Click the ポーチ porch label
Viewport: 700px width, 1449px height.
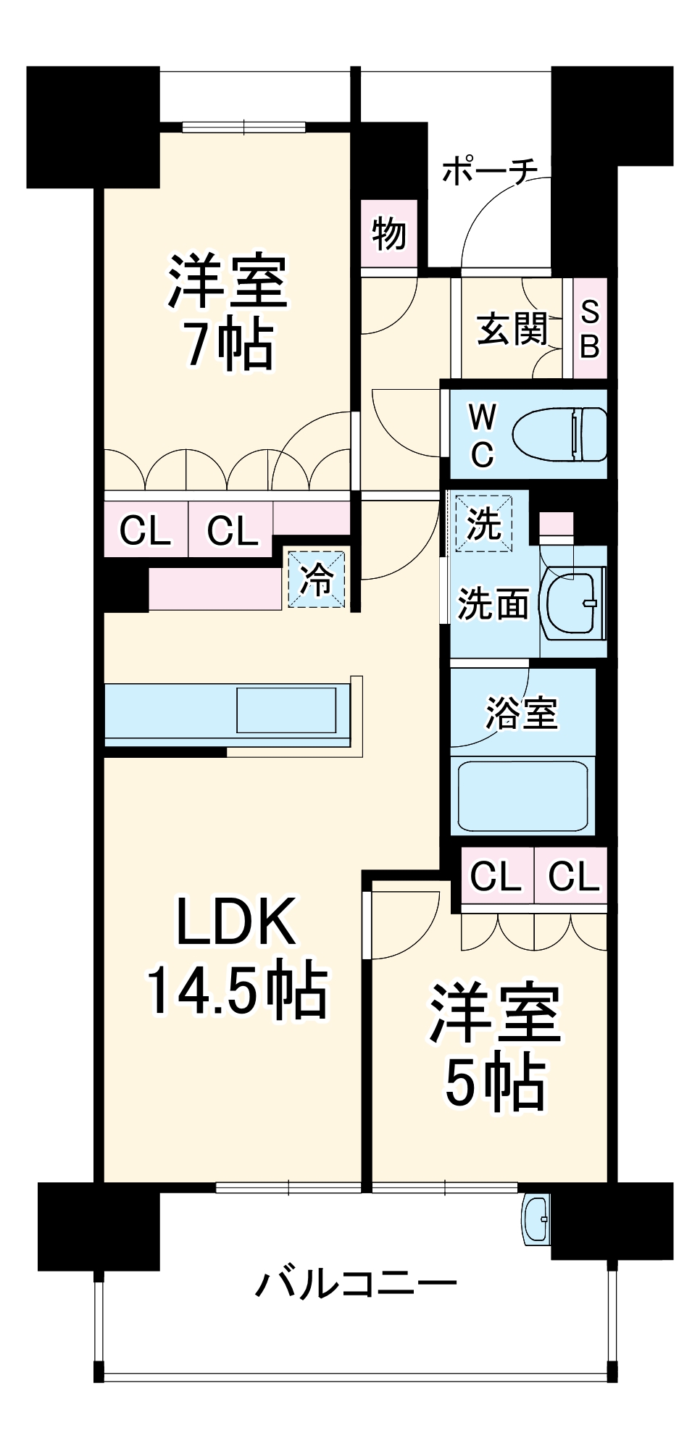(490, 171)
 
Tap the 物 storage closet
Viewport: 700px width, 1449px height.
(389, 233)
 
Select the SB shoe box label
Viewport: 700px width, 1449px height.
(590, 329)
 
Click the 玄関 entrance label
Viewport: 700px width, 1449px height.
(512, 329)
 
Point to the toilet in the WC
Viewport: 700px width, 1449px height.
(559, 434)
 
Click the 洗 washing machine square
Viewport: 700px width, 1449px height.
(483, 523)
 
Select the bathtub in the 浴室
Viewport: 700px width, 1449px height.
(522, 796)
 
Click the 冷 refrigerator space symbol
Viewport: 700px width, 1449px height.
(317, 579)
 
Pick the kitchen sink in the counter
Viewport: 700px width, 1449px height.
(286, 710)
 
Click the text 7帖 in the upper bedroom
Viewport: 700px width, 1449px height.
(229, 345)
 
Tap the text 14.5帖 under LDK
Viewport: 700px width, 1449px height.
(237, 990)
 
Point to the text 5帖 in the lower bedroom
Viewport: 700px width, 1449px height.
(495, 1082)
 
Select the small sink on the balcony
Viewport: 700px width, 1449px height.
(537, 1219)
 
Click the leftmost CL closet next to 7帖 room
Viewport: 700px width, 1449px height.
(145, 530)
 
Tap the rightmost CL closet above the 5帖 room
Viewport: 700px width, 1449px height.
(573, 876)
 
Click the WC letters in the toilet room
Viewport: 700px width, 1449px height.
(482, 435)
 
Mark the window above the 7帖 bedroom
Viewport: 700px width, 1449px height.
(243, 128)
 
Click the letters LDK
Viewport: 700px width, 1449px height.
(236, 921)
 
